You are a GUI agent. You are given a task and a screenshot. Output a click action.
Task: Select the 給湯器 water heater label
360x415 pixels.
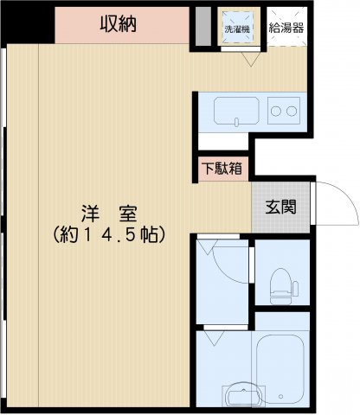(x=286, y=29)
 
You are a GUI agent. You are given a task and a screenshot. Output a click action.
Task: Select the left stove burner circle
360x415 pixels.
(x=275, y=111)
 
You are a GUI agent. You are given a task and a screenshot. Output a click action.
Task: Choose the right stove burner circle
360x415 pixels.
(x=292, y=111)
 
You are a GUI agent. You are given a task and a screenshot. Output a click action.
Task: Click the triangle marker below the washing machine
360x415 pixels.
(x=249, y=59)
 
